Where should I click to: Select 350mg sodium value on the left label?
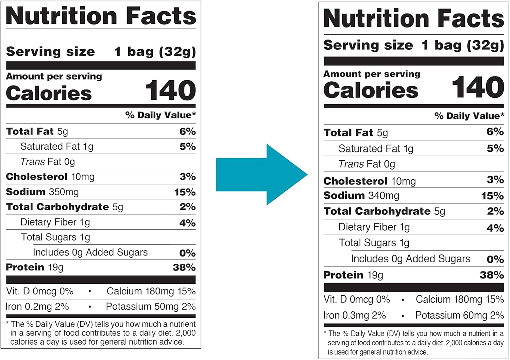(x=64, y=192)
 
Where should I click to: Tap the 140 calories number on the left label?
(x=170, y=91)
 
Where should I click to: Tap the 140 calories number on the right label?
(x=478, y=87)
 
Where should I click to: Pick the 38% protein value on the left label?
(x=184, y=267)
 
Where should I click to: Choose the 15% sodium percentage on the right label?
(x=492, y=196)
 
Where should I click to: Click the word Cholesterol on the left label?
(x=37, y=177)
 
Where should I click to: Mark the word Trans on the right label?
(x=351, y=164)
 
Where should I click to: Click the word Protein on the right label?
(x=343, y=275)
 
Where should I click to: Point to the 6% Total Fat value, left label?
(x=187, y=131)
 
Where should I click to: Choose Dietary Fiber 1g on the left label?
(x=55, y=222)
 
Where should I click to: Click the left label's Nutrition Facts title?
(x=101, y=16)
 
